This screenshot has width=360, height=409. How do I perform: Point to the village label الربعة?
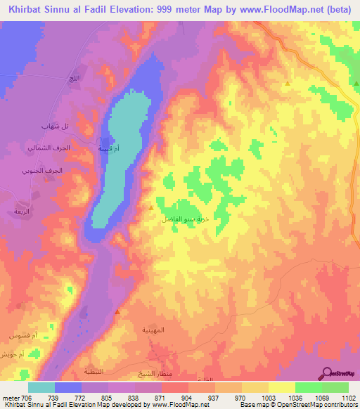18,211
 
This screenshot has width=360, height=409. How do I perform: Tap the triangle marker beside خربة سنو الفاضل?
151,207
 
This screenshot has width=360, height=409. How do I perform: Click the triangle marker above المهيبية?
117,311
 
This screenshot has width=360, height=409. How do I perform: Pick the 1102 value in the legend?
346,397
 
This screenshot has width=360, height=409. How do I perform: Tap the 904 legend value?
187,397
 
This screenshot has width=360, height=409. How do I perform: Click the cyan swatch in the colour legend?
41,387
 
